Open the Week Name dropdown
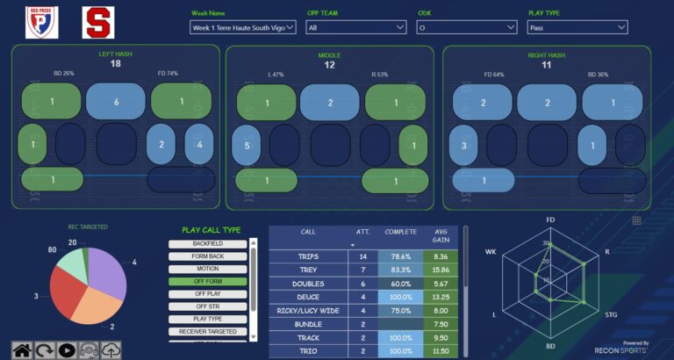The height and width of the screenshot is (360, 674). click(x=243, y=27)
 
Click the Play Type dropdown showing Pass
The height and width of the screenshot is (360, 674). click(x=577, y=27)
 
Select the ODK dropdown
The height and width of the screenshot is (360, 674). click(x=466, y=27)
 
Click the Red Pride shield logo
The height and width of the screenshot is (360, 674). click(x=42, y=22)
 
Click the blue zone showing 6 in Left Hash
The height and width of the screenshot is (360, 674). click(x=116, y=102)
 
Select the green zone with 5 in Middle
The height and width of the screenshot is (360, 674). click(x=247, y=145)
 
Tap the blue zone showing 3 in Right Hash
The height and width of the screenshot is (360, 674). click(x=463, y=145)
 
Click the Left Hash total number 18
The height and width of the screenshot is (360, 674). click(x=116, y=64)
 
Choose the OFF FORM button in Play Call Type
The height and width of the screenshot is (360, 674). click(x=208, y=282)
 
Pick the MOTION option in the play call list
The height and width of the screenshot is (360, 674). click(x=208, y=269)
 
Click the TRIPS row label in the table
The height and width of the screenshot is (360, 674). click(x=308, y=256)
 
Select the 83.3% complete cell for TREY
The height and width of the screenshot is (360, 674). click(x=400, y=270)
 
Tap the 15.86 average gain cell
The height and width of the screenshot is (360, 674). click(x=441, y=270)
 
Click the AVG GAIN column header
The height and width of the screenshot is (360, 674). click(x=441, y=237)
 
